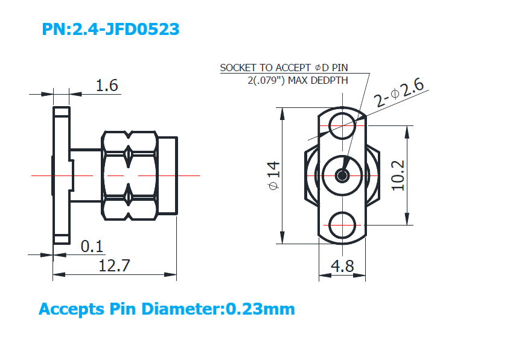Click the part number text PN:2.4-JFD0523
(110, 29)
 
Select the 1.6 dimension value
(107, 85)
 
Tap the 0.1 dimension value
(92, 246)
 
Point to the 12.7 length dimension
(114, 266)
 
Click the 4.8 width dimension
(342, 267)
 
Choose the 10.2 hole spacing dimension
(398, 175)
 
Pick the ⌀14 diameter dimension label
(273, 175)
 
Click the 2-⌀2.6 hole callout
(398, 93)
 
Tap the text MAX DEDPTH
(318, 80)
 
